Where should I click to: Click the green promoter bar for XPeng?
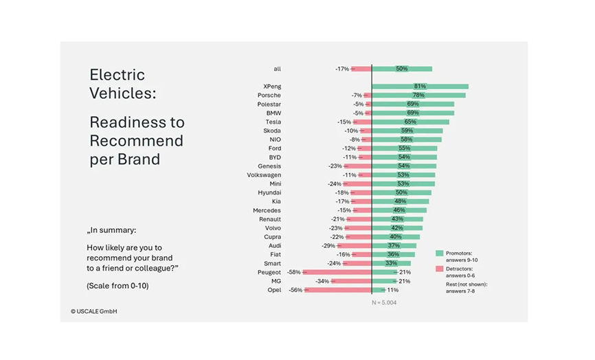(x=420, y=87)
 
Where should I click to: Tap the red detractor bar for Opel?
(x=337, y=290)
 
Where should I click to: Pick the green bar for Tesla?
(x=410, y=122)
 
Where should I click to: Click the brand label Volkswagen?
(x=264, y=175)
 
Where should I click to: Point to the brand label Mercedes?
(x=267, y=210)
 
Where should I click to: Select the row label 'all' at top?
(x=277, y=69)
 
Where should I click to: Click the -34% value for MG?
(x=322, y=281)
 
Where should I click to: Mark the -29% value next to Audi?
(x=328, y=246)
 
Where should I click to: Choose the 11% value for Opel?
(x=393, y=290)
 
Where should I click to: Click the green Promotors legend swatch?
(x=440, y=254)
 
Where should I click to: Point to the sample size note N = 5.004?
(x=384, y=302)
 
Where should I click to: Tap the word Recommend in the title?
(x=137, y=141)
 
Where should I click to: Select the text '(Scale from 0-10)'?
(x=117, y=285)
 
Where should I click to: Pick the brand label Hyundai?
(x=269, y=193)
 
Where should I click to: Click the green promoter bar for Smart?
(x=391, y=263)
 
